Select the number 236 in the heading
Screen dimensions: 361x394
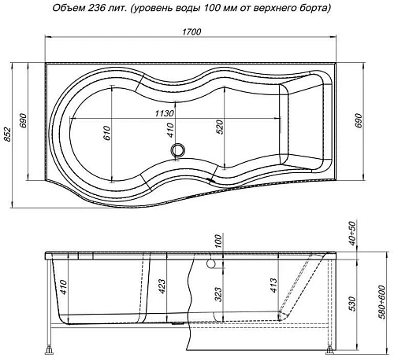click(108, 9)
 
